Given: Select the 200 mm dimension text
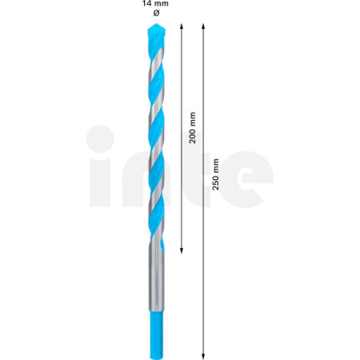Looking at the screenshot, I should click(191, 127).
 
